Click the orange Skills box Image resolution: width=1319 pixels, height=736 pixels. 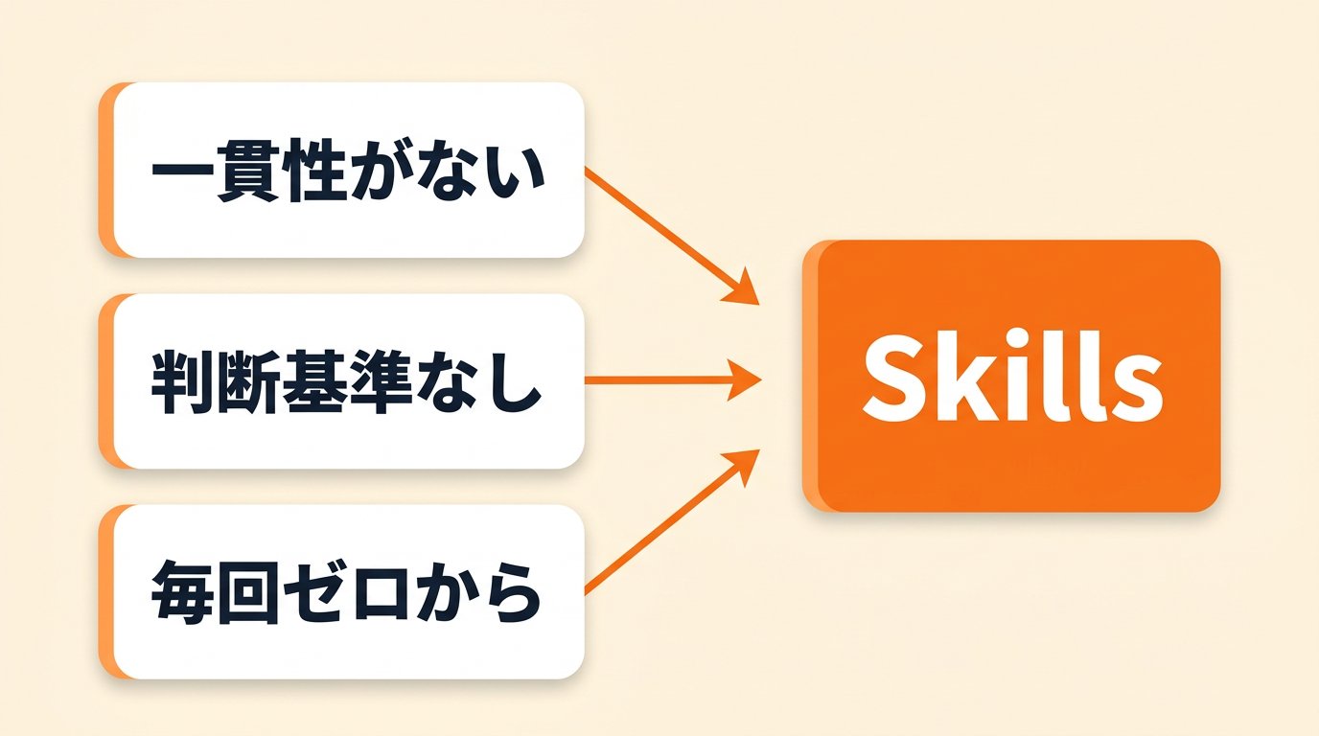click(1011, 376)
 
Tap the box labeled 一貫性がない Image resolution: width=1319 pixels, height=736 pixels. click(341, 170)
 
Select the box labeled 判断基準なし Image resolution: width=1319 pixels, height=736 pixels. click(341, 381)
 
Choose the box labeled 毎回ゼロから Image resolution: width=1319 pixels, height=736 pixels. click(341, 591)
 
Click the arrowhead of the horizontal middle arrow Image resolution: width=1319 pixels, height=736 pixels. click(744, 380)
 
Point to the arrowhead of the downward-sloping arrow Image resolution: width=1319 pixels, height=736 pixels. click(742, 288)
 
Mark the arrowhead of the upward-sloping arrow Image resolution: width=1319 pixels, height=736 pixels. click(742, 465)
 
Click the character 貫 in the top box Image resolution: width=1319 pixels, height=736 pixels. click(247, 171)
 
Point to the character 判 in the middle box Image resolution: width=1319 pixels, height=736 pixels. click(183, 381)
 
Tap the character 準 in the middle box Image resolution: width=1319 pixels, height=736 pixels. click(381, 381)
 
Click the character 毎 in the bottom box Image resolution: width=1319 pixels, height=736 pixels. click(183, 592)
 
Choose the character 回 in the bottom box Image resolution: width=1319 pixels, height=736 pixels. click(249, 592)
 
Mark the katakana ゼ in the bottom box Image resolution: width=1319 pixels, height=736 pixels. click(315, 592)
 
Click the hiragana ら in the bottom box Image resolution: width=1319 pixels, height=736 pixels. click(510, 592)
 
